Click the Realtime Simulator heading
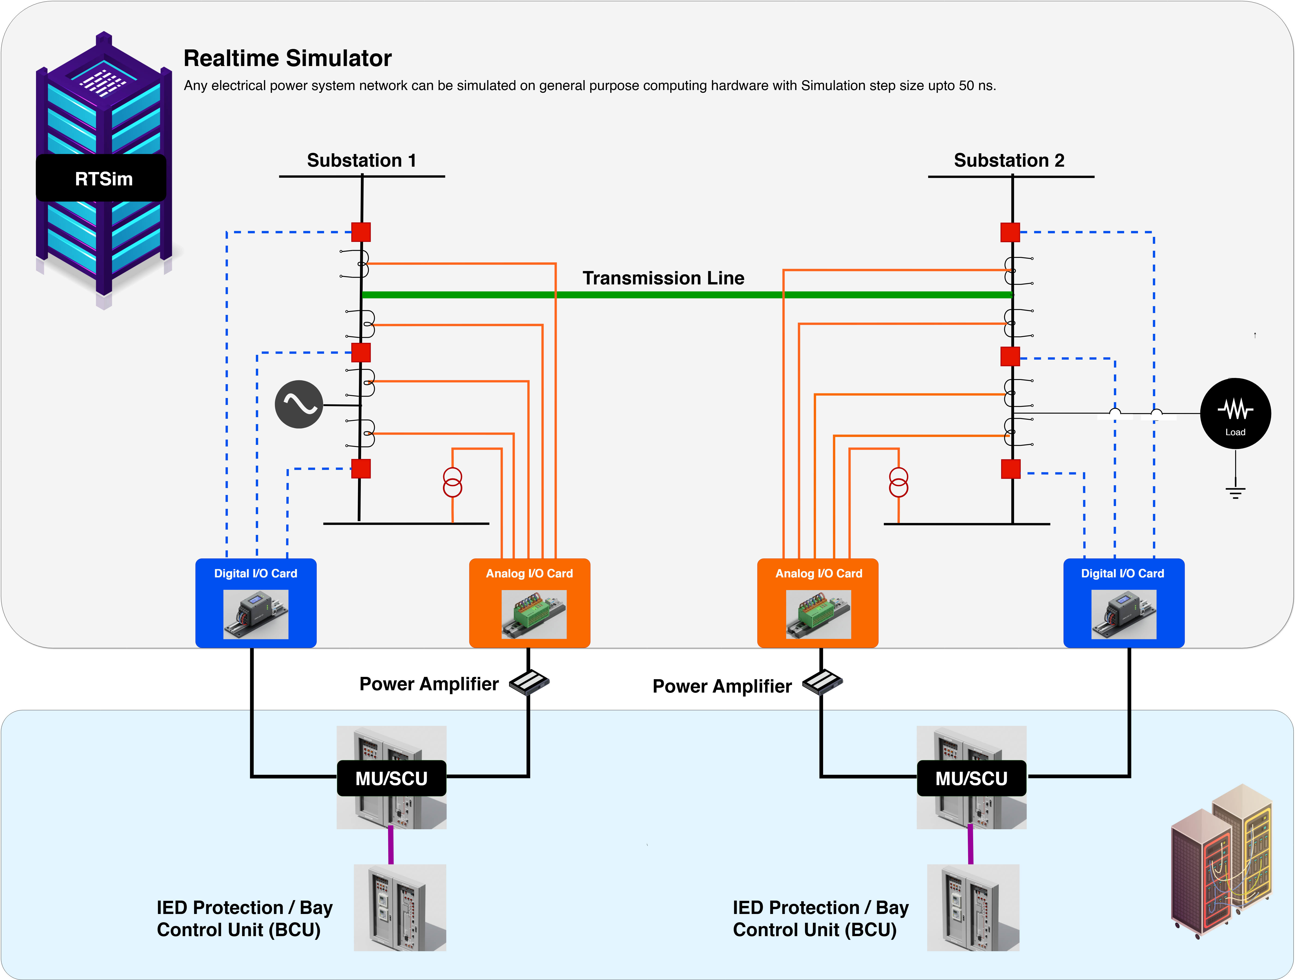tap(287, 58)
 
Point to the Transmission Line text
tap(663, 278)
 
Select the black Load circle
tap(1235, 413)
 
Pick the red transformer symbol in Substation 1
tap(452, 482)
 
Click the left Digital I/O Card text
tap(256, 574)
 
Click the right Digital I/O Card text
tap(1122, 574)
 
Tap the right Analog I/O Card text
tap(819, 574)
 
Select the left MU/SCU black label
tap(391, 778)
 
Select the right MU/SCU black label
tap(971, 778)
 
